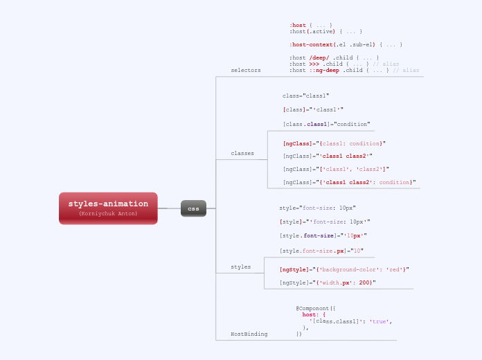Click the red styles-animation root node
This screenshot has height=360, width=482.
(108, 204)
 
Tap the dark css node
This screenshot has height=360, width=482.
(193, 208)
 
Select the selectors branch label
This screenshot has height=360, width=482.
(246, 71)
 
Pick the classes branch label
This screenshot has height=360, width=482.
(242, 153)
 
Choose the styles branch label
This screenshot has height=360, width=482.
(241, 267)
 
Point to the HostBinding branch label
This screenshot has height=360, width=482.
(249, 334)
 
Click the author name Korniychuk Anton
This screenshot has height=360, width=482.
(108, 214)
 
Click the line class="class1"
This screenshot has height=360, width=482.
(306, 96)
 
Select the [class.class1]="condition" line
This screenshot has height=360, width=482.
(316, 124)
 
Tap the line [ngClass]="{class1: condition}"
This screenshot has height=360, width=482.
(334, 143)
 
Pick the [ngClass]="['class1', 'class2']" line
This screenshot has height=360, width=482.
(336, 169)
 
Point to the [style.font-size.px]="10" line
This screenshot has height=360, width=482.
(321, 251)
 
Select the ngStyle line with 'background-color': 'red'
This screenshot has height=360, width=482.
(344, 269)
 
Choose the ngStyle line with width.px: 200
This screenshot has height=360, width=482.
(328, 282)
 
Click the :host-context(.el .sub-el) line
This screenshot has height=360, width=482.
(346, 44)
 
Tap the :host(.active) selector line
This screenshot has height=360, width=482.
(325, 31)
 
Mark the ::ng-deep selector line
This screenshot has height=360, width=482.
(354, 70)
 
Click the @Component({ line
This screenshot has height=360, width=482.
(316, 308)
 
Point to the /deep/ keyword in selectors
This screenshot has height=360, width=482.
(319, 57)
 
